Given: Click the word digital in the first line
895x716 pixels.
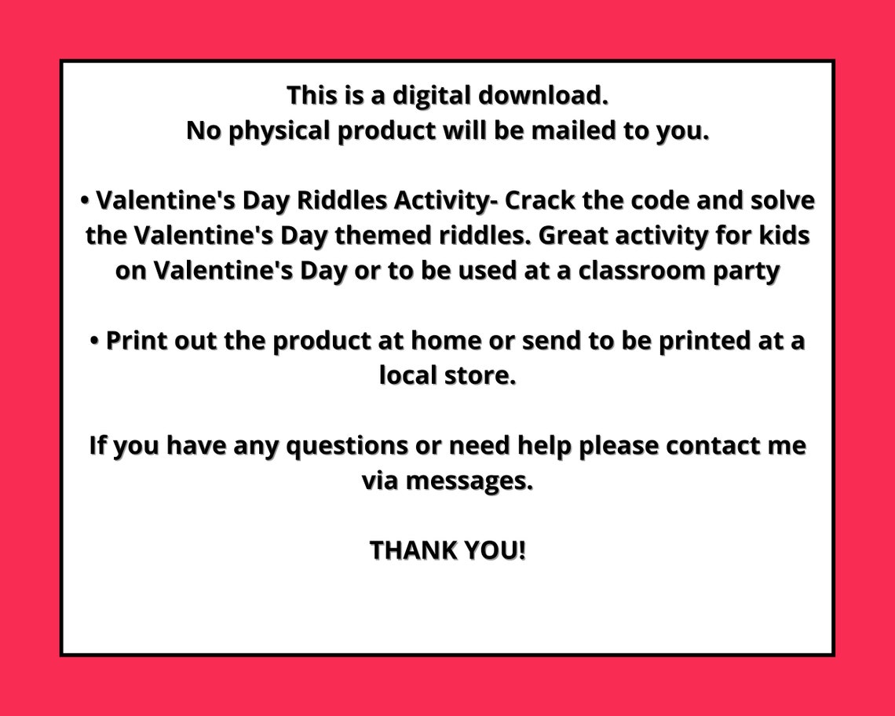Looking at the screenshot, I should point(432,96).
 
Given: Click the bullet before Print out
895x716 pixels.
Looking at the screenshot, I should point(95,342).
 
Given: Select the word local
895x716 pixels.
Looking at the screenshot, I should point(407,375).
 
